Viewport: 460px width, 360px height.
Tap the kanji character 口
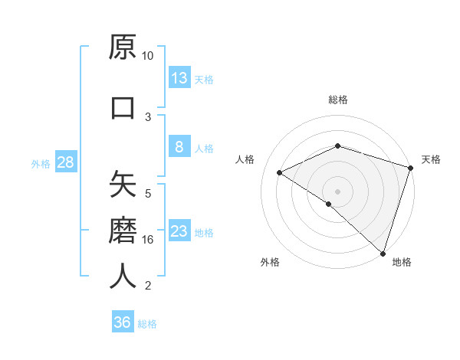coord(123,108)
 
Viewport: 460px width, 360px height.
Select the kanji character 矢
coord(123,185)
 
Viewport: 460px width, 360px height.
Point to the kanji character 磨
coord(123,229)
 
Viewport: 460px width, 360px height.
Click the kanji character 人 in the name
coord(123,276)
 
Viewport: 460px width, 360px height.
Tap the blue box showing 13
coord(179,78)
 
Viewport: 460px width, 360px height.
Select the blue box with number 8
coord(179,148)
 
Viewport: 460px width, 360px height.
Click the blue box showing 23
coord(179,232)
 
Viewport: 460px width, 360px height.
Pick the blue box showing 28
coord(65,163)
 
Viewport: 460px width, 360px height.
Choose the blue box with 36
coord(123,322)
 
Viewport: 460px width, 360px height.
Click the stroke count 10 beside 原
coord(147,56)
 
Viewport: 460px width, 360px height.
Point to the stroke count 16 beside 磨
coord(147,239)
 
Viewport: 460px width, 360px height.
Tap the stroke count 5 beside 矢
coord(147,193)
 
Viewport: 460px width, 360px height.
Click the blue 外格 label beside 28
coord(41,164)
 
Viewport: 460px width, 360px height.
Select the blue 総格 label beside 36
coord(147,324)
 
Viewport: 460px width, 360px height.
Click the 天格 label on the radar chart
coord(431,159)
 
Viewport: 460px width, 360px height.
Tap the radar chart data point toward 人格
coord(280,172)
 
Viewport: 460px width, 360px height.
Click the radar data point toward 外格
coord(329,204)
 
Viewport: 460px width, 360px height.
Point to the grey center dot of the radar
coord(337,191)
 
